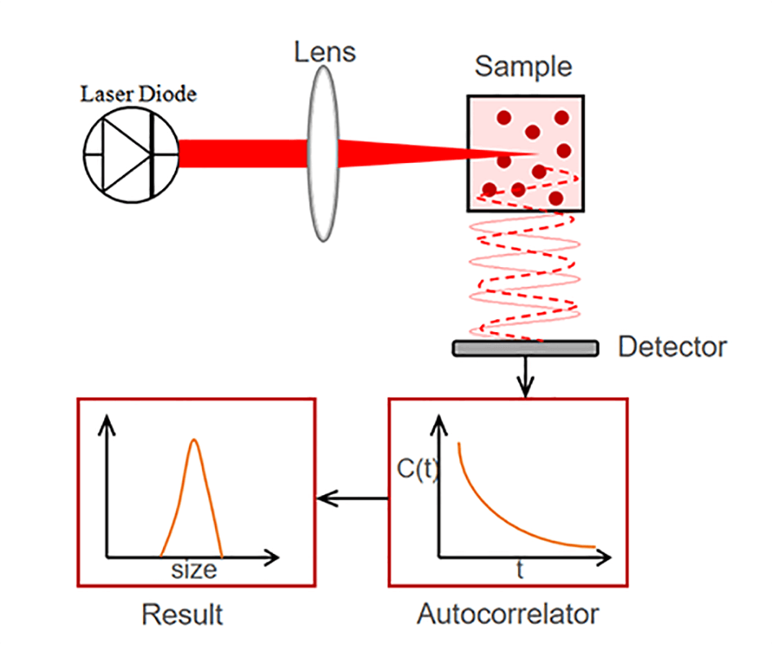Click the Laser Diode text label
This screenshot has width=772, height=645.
(138, 94)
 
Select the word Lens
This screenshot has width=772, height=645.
(325, 52)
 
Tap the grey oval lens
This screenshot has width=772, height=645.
(323, 153)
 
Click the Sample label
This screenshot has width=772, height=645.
(524, 66)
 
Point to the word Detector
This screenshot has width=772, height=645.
(672, 347)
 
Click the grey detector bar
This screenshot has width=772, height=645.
(525, 348)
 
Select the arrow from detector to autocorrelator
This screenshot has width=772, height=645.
(525, 376)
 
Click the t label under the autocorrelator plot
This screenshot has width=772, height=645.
(520, 571)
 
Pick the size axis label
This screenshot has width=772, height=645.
(194, 569)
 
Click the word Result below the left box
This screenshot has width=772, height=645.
(182, 613)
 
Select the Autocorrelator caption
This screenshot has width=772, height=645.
(507, 613)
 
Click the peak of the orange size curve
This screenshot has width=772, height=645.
(194, 441)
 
